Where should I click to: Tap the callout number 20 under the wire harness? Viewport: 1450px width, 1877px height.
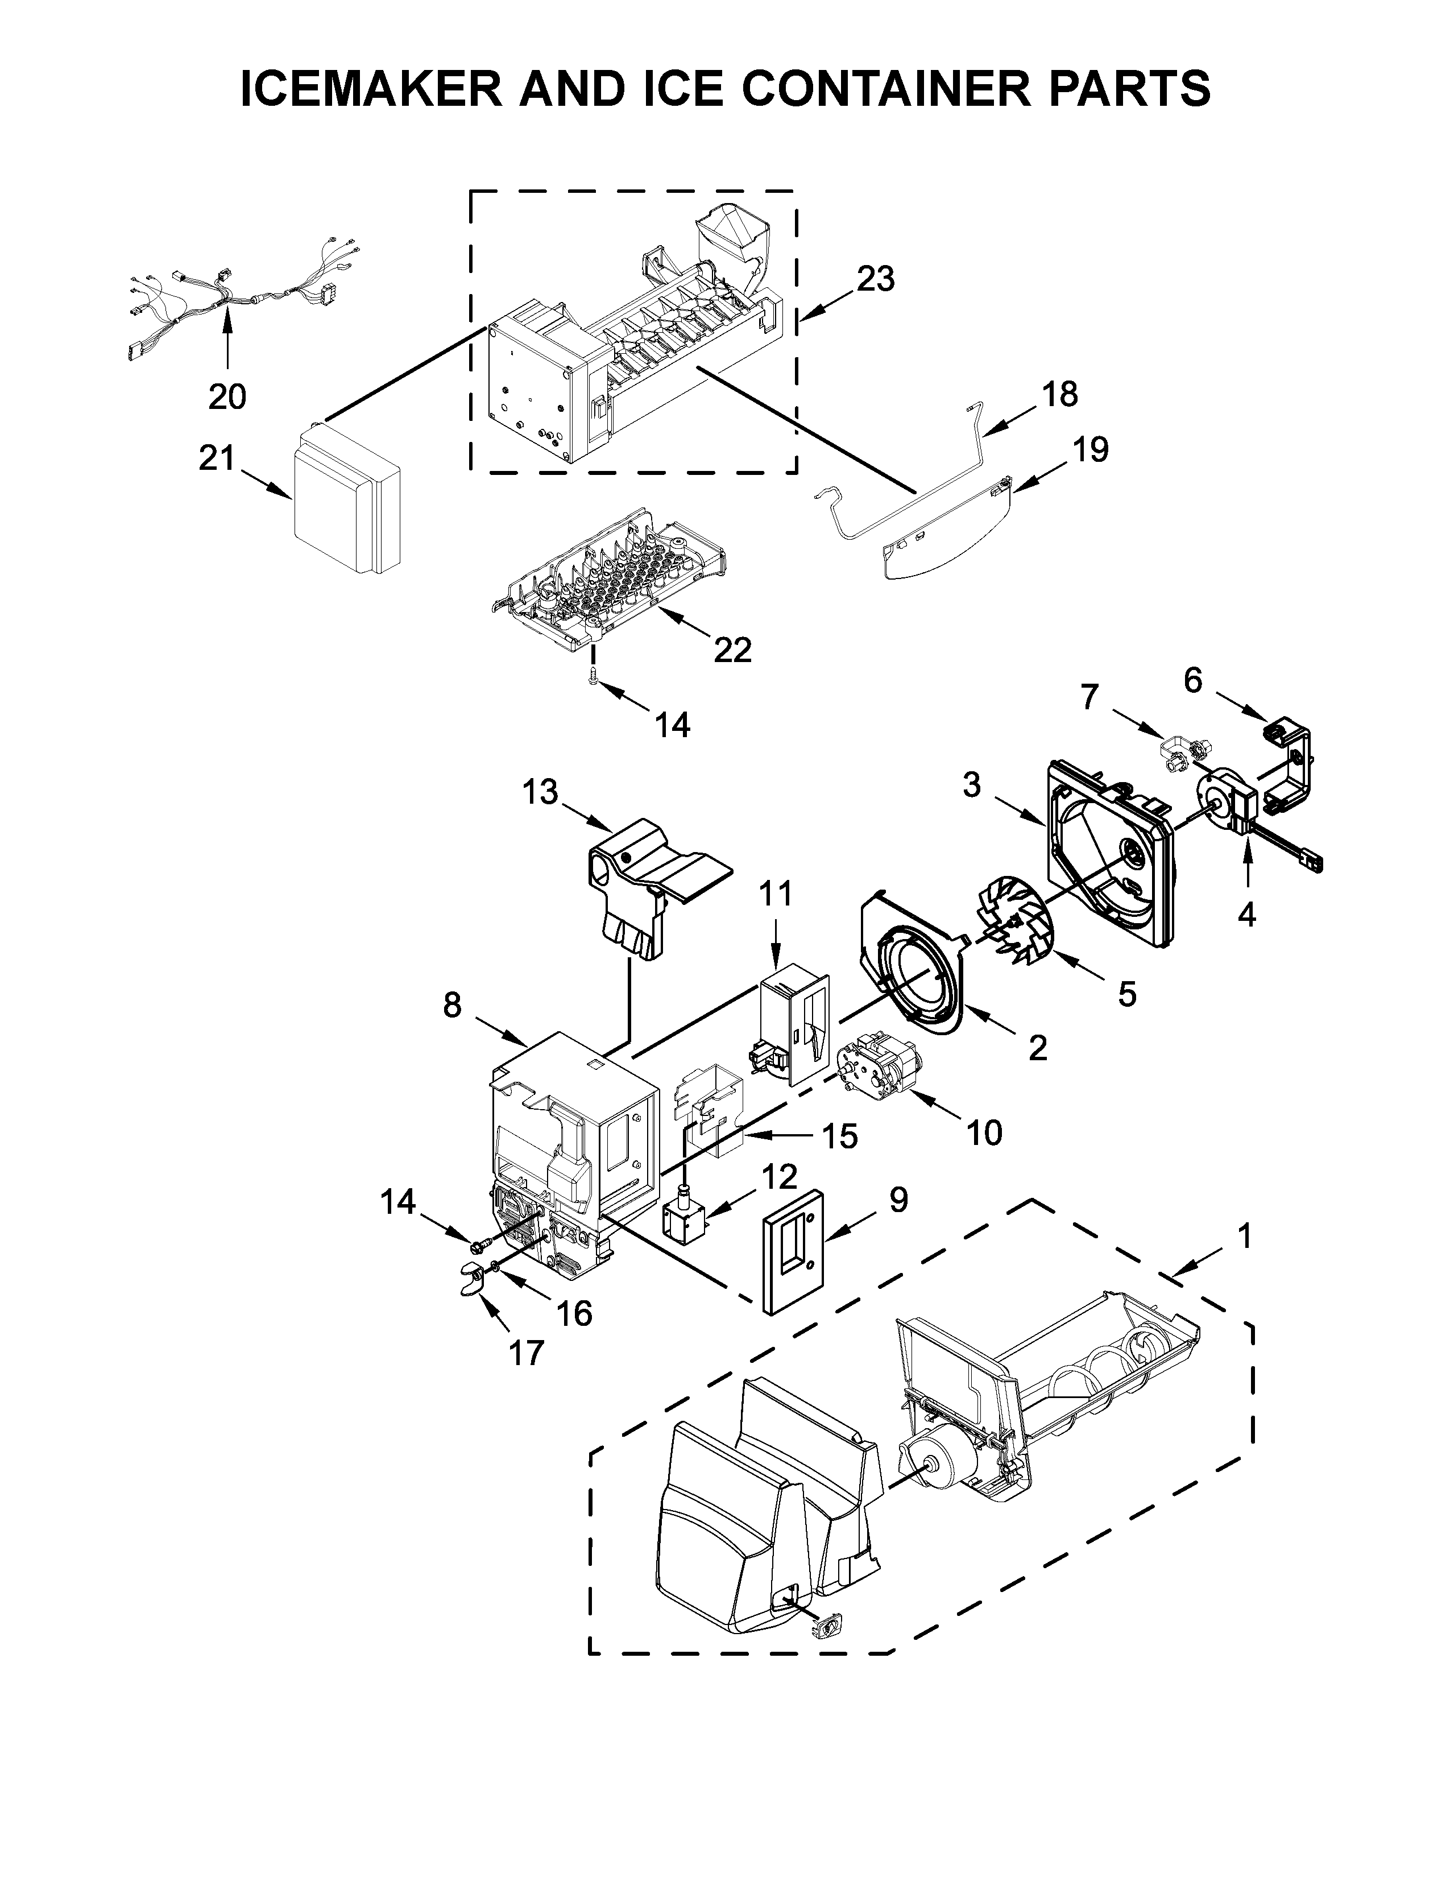[x=227, y=396]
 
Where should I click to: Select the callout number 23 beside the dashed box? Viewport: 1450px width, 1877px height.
[x=875, y=279]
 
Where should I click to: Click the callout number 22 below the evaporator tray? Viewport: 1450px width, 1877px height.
[x=733, y=650]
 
